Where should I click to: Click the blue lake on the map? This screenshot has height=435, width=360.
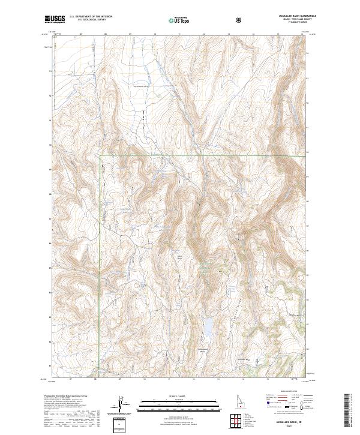(x=208, y=329)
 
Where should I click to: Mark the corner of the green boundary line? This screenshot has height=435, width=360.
(x=100, y=155)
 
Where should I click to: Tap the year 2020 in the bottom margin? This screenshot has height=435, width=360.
(x=287, y=425)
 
